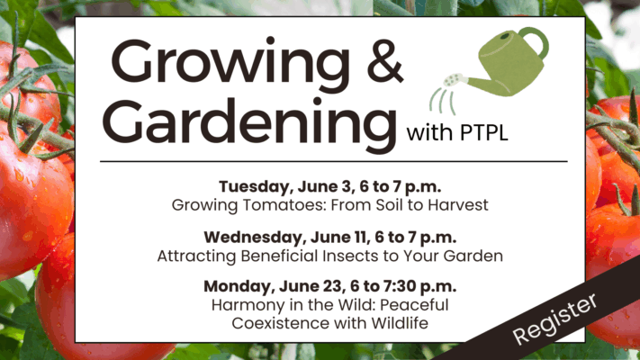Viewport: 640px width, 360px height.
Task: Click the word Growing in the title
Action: (x=230, y=67)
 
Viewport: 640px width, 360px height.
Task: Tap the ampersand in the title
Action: (x=385, y=61)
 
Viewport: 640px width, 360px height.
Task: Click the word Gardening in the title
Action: (x=249, y=125)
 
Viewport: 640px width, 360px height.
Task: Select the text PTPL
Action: (x=484, y=133)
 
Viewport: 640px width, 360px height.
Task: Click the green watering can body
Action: (x=510, y=66)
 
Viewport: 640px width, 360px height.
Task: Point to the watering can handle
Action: (x=536, y=40)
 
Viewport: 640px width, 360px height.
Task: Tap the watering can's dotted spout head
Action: (x=454, y=80)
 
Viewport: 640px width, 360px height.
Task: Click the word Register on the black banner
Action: (x=555, y=319)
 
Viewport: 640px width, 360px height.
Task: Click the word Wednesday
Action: (x=255, y=238)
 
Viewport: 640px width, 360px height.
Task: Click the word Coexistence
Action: (x=281, y=324)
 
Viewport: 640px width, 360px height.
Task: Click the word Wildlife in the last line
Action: (x=400, y=324)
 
